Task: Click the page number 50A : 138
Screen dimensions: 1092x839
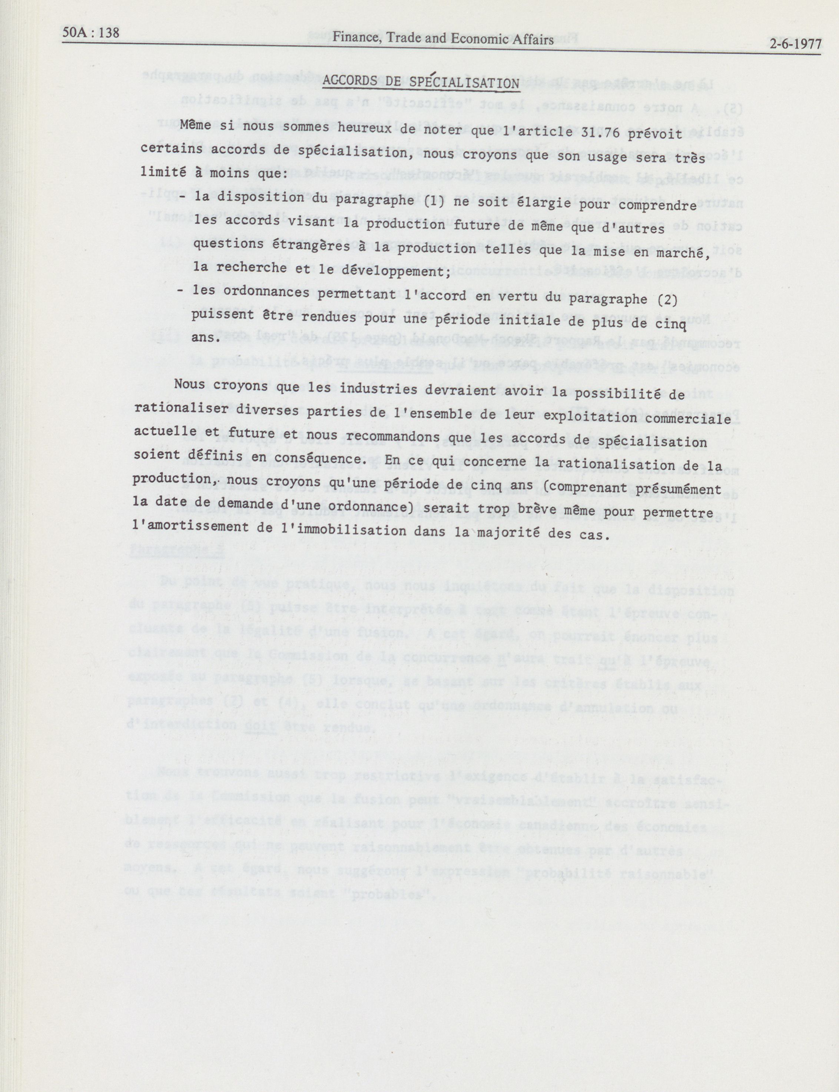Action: coord(92,33)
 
